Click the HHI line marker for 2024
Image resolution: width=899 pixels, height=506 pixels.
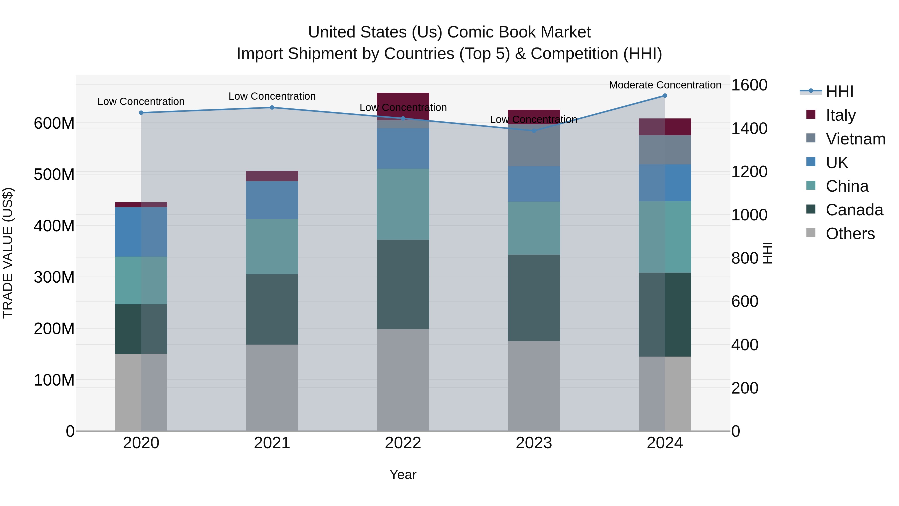[x=665, y=96]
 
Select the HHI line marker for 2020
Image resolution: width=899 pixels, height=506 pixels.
[x=141, y=113]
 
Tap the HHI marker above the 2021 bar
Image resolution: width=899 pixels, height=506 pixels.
[x=272, y=107]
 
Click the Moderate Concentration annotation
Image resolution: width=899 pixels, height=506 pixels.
[x=665, y=85]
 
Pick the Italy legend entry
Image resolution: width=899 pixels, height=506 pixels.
[x=840, y=115]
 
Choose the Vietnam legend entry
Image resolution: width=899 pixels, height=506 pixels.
[x=855, y=139]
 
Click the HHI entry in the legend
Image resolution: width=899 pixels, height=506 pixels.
[x=839, y=91]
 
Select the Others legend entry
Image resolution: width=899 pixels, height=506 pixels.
[x=850, y=234]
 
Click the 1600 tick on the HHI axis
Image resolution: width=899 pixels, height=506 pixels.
[x=749, y=85]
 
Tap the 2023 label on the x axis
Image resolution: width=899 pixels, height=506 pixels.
[x=534, y=443]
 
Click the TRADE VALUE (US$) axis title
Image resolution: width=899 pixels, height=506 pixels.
[x=8, y=253]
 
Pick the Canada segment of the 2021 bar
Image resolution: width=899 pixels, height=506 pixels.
[x=272, y=309]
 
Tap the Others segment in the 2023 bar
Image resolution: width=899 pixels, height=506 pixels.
[x=534, y=386]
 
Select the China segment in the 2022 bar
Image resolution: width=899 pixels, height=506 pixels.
[x=403, y=204]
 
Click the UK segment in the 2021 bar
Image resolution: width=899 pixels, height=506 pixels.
[x=272, y=200]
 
